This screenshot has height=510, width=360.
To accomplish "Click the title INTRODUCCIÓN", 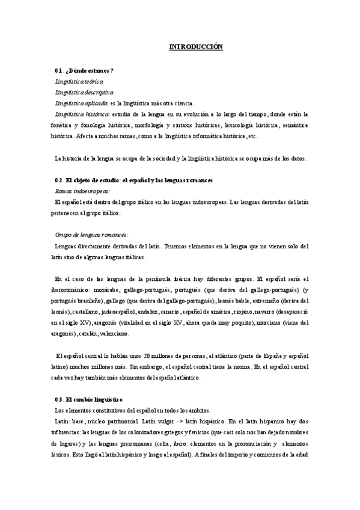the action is [195, 46].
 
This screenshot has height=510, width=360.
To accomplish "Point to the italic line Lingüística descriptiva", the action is [84, 93].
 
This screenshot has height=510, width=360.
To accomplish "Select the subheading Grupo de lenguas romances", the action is [91, 235].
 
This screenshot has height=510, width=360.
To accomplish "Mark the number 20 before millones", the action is [155, 355].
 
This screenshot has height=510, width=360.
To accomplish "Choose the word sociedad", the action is [159, 159].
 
